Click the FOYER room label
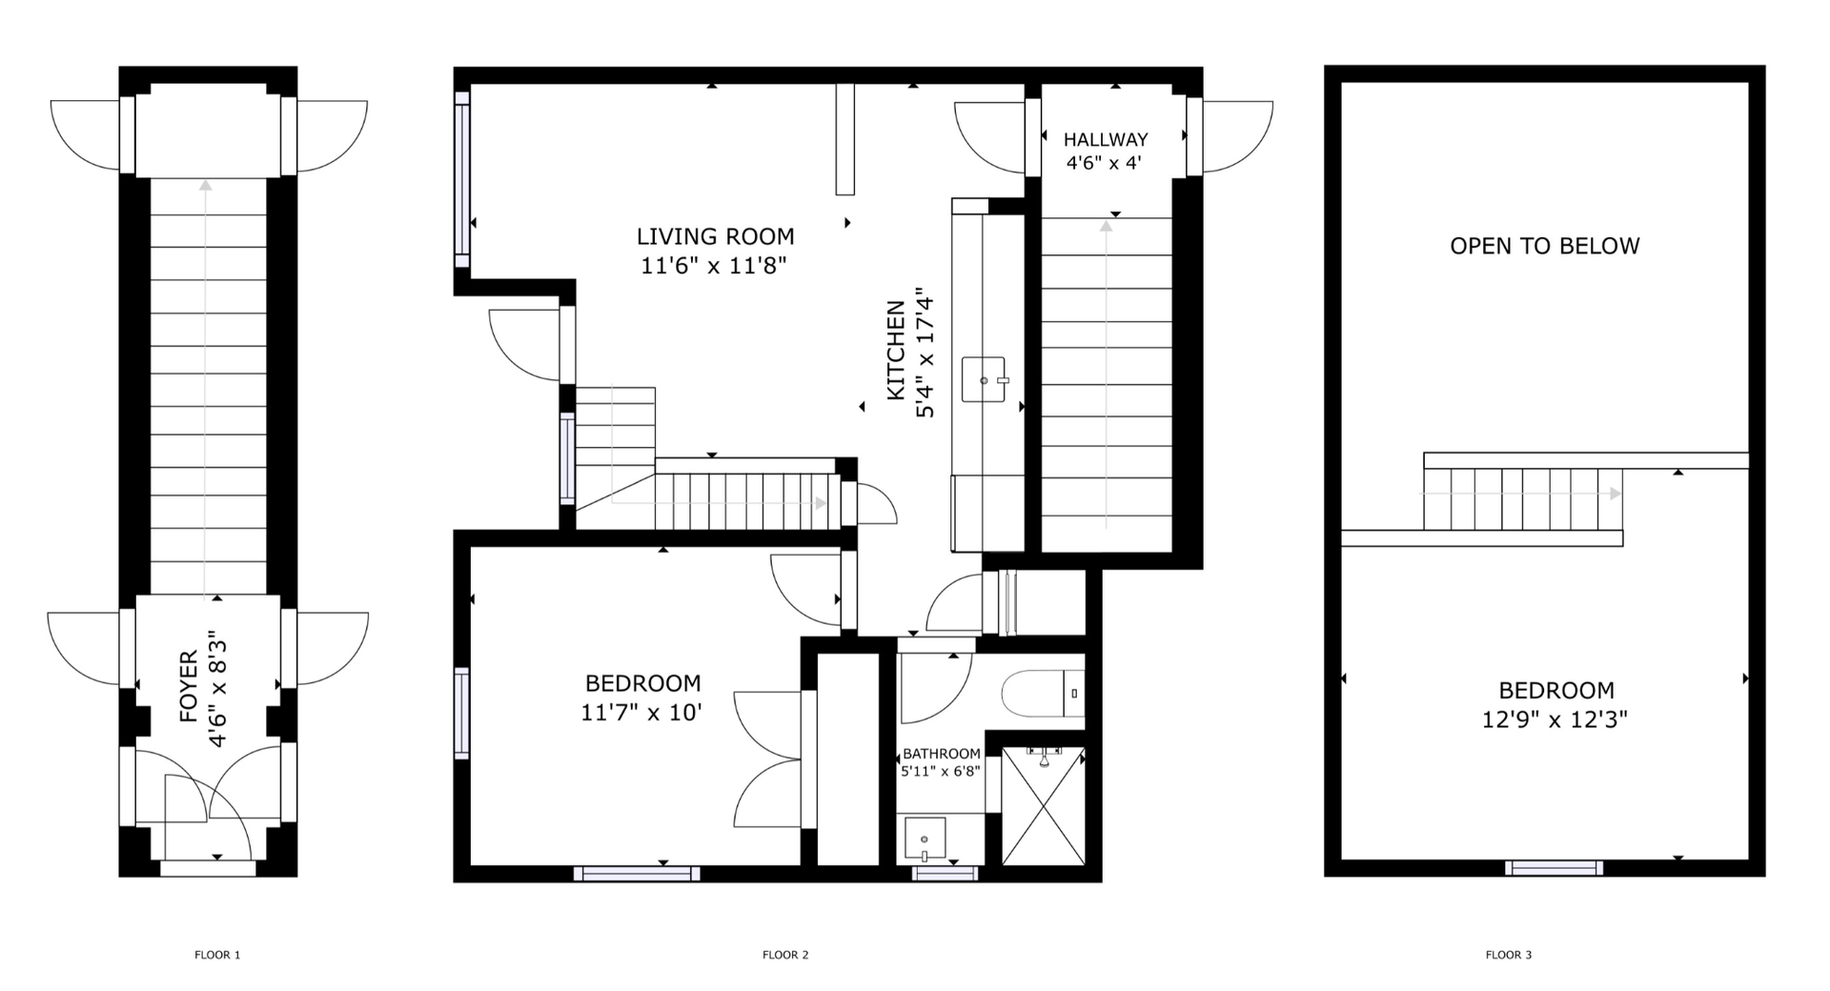coord(188,686)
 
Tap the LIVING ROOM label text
coord(715,236)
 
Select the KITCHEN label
coord(896,350)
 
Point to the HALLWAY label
coord(1106,139)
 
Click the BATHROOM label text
coord(942,754)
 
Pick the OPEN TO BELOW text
coord(1544,246)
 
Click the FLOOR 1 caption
coord(217,955)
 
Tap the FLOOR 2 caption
coord(785,955)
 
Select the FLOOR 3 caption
coord(1509,955)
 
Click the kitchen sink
coord(984,379)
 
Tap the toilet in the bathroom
coord(1043,694)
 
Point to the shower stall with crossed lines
coord(1044,806)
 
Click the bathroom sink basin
coord(925,839)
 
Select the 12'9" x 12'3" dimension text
coord(1555,719)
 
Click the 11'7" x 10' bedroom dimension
coord(641,712)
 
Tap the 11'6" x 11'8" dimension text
coord(714,265)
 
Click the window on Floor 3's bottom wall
coord(1554,868)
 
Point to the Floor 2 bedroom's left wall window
coord(462,713)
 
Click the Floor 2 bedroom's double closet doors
coord(768,759)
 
